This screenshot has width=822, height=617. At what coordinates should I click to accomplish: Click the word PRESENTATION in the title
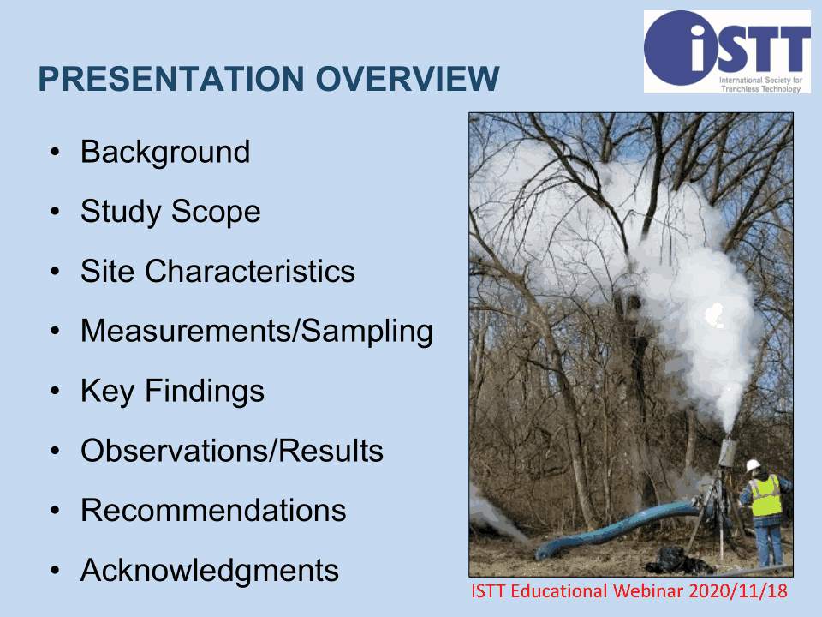pos(171,79)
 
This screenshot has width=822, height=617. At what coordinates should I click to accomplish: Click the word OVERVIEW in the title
pos(408,79)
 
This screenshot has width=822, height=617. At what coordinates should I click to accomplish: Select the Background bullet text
pos(165,153)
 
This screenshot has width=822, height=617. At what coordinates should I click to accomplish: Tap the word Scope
pos(216,213)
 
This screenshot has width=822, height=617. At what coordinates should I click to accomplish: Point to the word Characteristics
pos(250,272)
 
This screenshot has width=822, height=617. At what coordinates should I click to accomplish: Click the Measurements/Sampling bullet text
pos(257,332)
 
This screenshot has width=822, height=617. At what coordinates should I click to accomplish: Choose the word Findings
pos(205,392)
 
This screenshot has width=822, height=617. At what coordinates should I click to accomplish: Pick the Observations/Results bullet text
pos(232,451)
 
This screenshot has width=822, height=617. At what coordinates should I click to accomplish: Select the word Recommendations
pos(213,511)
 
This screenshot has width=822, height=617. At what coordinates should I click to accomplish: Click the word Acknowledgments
pos(210,571)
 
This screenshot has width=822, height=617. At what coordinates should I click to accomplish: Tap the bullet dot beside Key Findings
pos(55,392)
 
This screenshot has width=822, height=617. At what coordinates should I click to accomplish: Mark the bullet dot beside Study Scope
pos(55,212)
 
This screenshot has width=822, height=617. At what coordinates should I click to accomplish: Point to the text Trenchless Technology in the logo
pos(761,88)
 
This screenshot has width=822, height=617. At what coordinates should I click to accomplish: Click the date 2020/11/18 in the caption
pos(738,591)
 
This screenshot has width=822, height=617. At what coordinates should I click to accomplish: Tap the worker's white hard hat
pos(753,465)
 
